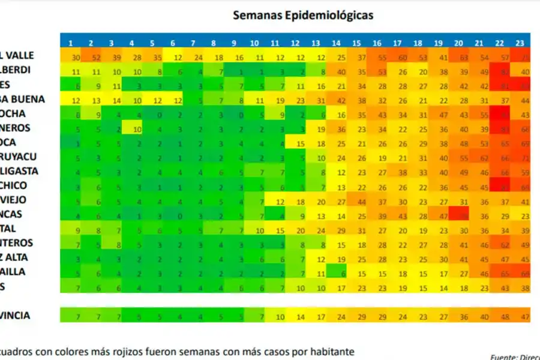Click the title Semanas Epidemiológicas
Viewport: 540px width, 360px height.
[303, 15]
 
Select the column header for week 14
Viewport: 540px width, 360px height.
[336, 43]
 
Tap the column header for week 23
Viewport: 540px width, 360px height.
[520, 43]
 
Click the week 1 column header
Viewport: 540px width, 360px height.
[71, 43]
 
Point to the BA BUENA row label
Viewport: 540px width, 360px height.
[23, 98]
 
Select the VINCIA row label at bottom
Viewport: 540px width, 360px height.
[15, 315]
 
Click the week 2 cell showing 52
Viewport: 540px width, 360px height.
[96, 58]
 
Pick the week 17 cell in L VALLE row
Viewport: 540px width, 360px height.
[403, 58]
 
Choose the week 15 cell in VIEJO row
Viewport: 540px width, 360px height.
[362, 201]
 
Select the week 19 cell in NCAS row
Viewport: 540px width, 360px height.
[443, 215]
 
